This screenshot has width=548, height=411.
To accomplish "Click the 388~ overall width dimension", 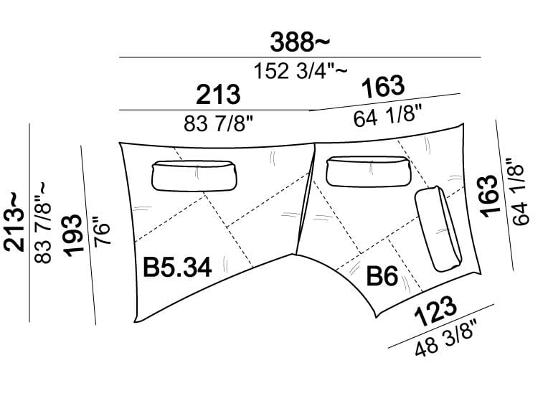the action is (300, 42).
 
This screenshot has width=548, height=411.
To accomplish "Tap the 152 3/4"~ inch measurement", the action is (301, 70).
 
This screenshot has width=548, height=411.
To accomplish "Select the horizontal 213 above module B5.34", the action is (218, 95).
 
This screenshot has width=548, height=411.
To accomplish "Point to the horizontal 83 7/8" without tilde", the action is (218, 123).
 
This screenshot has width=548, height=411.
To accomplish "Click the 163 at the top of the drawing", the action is (384, 87).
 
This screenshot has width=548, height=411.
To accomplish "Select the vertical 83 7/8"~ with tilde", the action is (42, 222).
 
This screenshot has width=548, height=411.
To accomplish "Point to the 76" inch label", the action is (103, 232).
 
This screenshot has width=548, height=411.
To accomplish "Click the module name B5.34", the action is (178, 268).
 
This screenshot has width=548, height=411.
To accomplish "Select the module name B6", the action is (382, 275).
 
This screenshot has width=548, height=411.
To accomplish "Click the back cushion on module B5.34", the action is (194, 176).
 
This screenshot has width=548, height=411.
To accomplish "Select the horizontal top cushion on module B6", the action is (368, 171).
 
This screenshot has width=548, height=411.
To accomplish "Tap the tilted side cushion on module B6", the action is (438, 229).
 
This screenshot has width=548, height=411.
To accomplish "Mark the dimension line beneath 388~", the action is (300, 57).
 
